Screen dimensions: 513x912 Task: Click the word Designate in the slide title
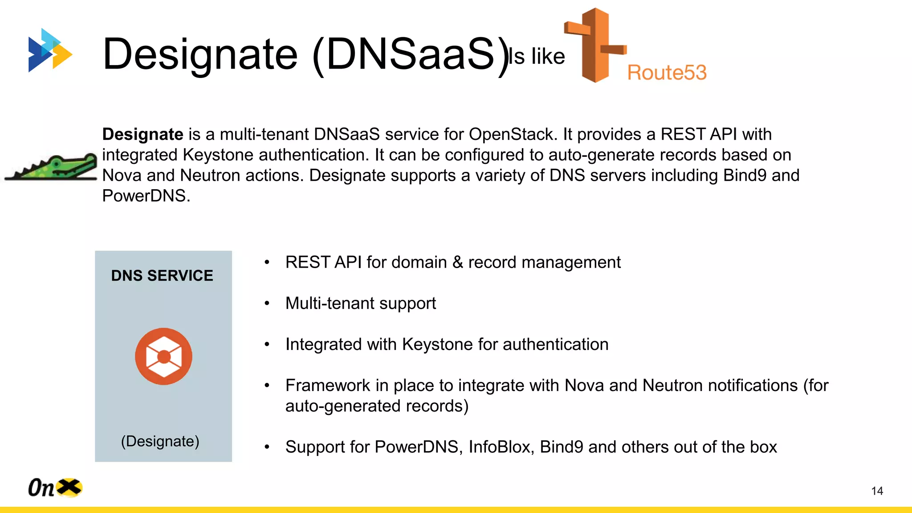click(200, 54)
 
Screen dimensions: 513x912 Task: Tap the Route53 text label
click(667, 73)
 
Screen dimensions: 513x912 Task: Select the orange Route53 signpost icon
click(595, 45)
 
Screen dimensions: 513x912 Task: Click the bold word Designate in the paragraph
click(142, 134)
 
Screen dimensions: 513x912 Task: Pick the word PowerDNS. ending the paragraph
click(146, 196)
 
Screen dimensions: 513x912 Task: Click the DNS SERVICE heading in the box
click(162, 276)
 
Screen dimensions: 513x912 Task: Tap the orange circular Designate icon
click(163, 356)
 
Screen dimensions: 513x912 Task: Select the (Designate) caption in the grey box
click(160, 441)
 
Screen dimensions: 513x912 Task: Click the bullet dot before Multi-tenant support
click(267, 304)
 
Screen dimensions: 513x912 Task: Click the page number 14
click(877, 491)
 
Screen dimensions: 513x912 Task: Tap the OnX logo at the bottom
click(55, 488)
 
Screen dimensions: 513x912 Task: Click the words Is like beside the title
click(537, 57)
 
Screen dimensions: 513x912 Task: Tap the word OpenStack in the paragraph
click(510, 134)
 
